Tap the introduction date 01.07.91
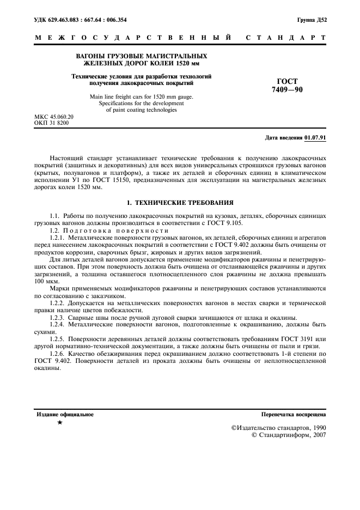click(x=315, y=137)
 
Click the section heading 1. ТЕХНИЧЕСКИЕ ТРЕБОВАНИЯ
click(x=180, y=202)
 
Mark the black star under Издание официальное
click(x=59, y=423)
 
